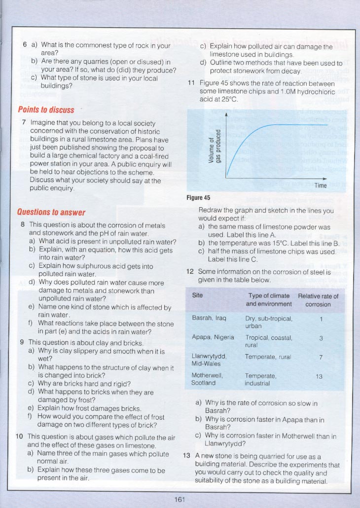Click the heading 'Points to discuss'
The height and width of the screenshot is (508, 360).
pyautogui.click(x=46, y=109)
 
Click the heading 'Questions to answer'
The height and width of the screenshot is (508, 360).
pyautogui.click(x=51, y=213)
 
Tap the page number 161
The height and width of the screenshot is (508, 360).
pyautogui.click(x=180, y=500)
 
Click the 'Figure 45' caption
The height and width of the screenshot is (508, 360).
pyautogui.click(x=198, y=198)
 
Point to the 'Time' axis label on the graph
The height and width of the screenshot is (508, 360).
pyautogui.click(x=321, y=185)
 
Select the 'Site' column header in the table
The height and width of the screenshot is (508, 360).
pyautogui.click(x=197, y=295)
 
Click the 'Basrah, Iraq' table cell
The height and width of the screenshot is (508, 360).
pyautogui.click(x=209, y=318)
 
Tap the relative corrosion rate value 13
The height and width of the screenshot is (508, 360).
pyautogui.click(x=319, y=376)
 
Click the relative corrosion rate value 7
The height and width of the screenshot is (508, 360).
pyautogui.click(x=321, y=357)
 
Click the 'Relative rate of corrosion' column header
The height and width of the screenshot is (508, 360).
pyautogui.click(x=318, y=300)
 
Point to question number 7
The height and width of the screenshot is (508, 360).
pyautogui.click(x=24, y=122)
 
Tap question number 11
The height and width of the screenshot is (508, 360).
pyautogui.click(x=192, y=83)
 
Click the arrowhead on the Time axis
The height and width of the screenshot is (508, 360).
pyautogui.click(x=325, y=179)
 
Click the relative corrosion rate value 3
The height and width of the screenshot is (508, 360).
pyautogui.click(x=321, y=338)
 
